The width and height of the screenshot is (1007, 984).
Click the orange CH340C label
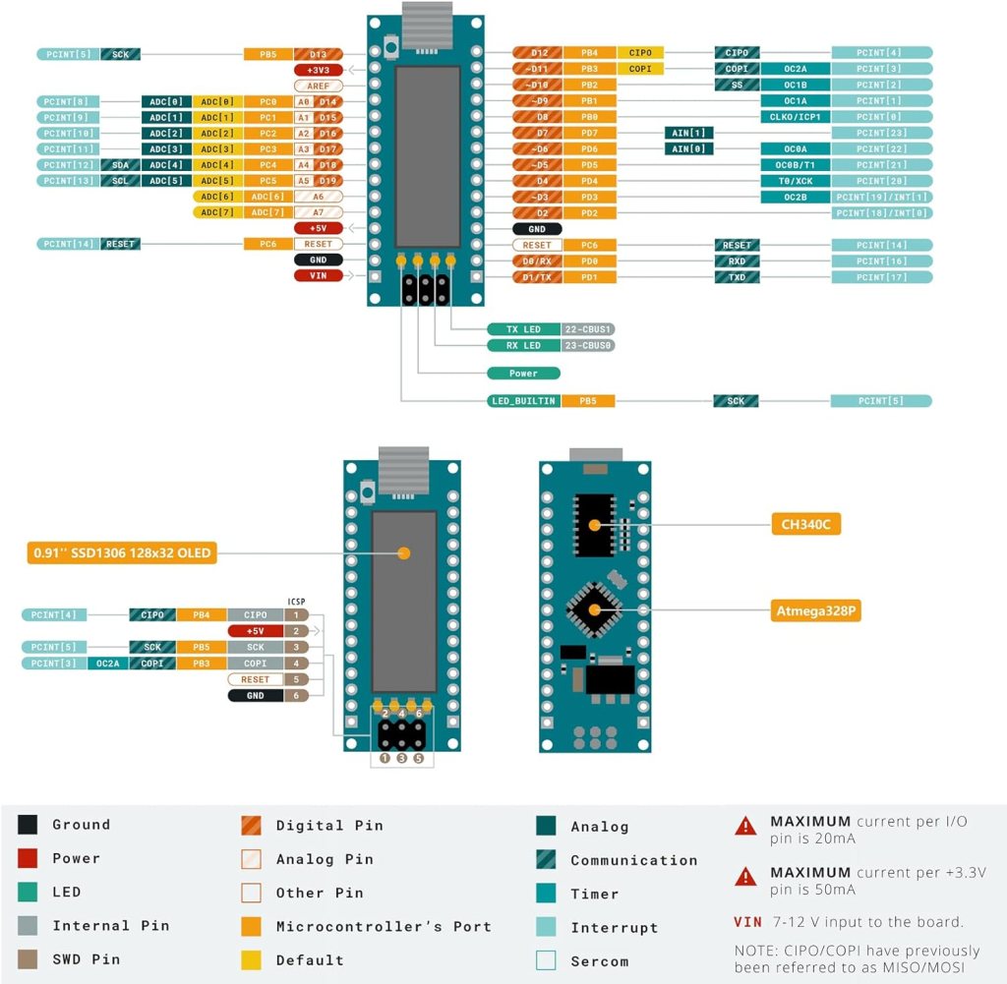coord(806,525)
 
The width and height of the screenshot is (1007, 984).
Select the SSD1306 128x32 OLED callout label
coord(122,553)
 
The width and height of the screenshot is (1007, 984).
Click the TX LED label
coord(523,329)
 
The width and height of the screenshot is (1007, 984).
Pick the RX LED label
coord(523,345)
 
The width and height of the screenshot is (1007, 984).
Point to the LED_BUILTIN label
coord(523,401)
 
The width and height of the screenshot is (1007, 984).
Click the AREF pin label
coord(318,86)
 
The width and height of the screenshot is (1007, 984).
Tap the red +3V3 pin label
coord(318,70)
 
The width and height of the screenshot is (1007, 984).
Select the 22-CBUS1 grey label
coord(589,329)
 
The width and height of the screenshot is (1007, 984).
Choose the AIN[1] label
coord(689,133)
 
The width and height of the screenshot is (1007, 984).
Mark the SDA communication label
coord(120,164)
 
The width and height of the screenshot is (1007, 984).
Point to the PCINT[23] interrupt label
coord(881,133)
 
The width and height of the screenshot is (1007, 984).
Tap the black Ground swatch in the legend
coord(29,826)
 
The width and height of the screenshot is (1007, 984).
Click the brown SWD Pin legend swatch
coord(29,959)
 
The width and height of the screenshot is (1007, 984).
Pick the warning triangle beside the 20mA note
coord(746,826)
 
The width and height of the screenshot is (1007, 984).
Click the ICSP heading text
coord(296,601)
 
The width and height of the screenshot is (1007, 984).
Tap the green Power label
coord(523,374)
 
